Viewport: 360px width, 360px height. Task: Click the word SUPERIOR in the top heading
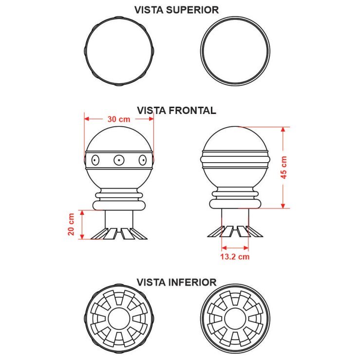click(x=192, y=10)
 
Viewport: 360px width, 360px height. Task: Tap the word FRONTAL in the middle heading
click(x=192, y=111)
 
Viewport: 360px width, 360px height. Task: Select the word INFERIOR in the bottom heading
click(x=192, y=282)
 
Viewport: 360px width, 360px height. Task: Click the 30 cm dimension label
click(x=119, y=119)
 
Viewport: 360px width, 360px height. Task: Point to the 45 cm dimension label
click(x=284, y=168)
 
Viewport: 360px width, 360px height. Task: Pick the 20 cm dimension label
click(x=71, y=224)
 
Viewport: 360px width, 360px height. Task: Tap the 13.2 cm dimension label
click(x=235, y=256)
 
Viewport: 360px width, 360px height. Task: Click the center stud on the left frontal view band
click(x=119, y=160)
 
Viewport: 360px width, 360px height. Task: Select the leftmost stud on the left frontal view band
click(x=95, y=160)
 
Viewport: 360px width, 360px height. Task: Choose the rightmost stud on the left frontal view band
click(x=143, y=160)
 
